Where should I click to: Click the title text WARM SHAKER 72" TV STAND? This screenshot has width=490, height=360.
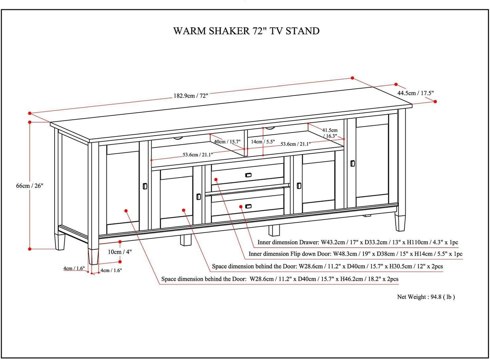(246, 31)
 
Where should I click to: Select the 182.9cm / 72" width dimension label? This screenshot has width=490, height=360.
(191, 96)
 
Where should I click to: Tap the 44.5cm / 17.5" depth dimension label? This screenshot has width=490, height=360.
(415, 93)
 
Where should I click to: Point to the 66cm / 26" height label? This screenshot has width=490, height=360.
(30, 186)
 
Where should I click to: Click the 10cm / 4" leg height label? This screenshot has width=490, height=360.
(120, 252)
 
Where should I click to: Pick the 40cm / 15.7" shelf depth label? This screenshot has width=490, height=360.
(227, 141)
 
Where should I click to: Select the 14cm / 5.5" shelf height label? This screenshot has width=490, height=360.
(263, 141)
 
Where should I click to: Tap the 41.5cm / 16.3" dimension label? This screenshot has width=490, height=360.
(330, 133)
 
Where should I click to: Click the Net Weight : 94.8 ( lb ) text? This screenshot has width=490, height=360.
(426, 297)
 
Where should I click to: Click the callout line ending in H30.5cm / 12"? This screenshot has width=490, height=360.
(327, 266)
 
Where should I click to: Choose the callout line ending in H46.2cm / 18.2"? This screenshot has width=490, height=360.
(280, 279)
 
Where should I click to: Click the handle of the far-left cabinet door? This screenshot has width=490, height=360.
(145, 186)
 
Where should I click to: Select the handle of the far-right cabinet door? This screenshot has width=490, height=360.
(353, 163)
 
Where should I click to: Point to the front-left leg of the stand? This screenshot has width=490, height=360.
(93, 256)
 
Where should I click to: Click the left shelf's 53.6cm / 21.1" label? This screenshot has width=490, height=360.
(198, 155)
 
